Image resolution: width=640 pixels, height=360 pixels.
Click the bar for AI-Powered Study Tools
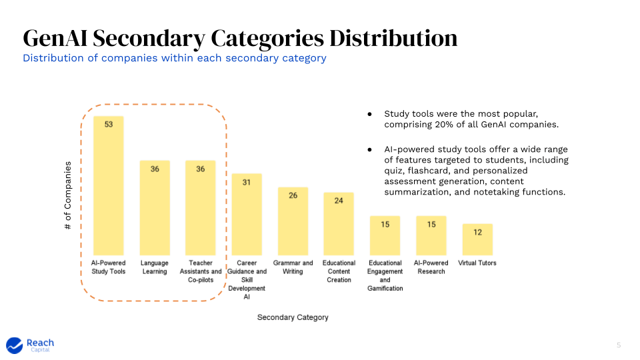coord(108,186)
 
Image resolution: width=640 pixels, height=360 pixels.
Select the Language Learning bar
coord(155,208)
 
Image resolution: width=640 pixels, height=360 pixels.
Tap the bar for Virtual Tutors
coord(477,239)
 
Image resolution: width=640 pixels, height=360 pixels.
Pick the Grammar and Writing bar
coord(293,221)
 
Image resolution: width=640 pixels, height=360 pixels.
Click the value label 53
coord(108,125)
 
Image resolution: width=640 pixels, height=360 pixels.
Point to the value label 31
coord(246,182)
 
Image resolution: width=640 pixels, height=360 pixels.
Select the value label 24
coord(339,201)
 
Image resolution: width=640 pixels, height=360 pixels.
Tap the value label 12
coord(477,232)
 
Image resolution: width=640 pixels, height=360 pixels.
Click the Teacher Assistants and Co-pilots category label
coord(201,271)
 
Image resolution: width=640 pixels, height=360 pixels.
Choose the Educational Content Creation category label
coord(339,271)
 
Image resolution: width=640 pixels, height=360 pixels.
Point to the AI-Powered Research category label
coord(431,267)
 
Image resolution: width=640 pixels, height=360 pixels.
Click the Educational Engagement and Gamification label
coord(385,275)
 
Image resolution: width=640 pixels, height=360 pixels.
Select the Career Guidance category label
coord(247,280)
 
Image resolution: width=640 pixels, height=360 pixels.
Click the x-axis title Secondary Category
coord(293,317)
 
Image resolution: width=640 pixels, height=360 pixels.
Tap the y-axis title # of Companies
coord(68,196)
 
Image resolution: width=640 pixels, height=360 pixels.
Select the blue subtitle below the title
coord(175,58)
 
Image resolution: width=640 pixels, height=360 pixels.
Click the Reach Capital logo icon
coord(15,345)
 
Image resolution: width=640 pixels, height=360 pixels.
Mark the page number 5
coord(618,345)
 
